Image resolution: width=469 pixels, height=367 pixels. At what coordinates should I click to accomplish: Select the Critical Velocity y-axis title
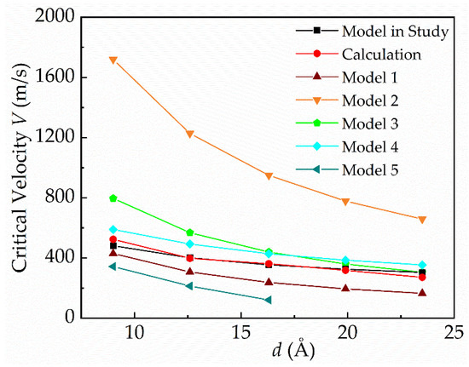[x=18, y=169]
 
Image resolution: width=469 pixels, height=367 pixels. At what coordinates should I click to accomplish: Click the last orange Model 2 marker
[x=446, y=219]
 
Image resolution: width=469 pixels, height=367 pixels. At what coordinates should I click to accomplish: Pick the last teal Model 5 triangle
[x=268, y=300]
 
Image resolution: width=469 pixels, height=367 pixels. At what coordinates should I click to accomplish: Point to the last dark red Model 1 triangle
[x=446, y=293]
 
